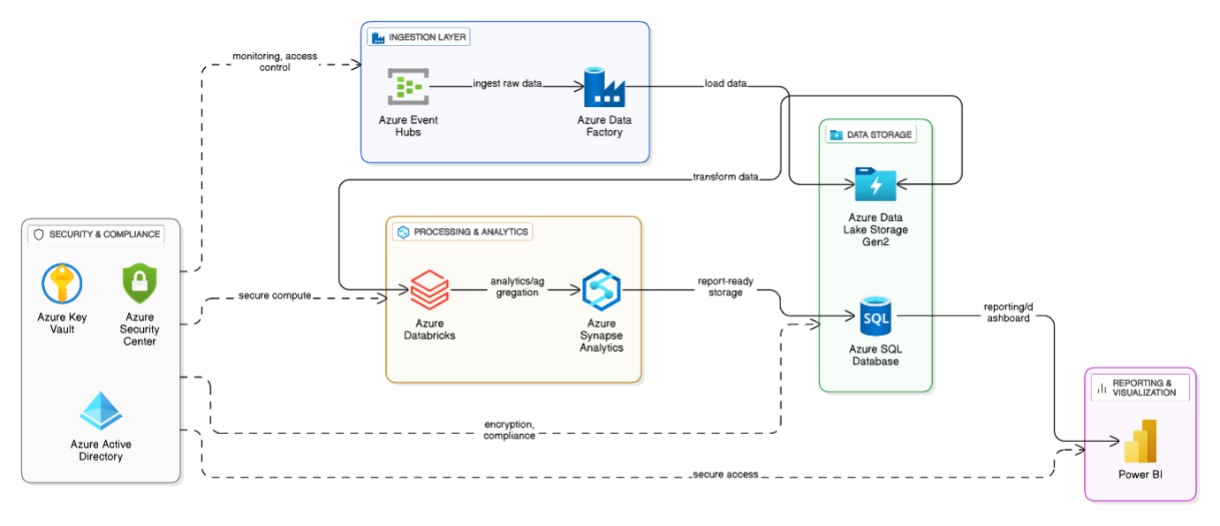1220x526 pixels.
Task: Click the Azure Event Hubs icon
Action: (408, 87)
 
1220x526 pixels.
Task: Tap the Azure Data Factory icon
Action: (604, 87)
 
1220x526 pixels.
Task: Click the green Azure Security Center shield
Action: (140, 284)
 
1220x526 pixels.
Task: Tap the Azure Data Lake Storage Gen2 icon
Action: (875, 185)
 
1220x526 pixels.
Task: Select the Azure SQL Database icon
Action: (875, 316)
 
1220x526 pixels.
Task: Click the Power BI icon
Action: (1140, 441)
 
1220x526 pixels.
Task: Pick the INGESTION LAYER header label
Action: (419, 37)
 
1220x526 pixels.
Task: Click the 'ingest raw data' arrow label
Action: (506, 84)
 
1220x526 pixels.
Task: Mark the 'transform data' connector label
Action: (725, 177)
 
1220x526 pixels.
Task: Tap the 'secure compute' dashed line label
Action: (275, 295)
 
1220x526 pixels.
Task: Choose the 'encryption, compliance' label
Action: (509, 429)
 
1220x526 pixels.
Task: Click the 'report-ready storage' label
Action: (725, 286)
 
